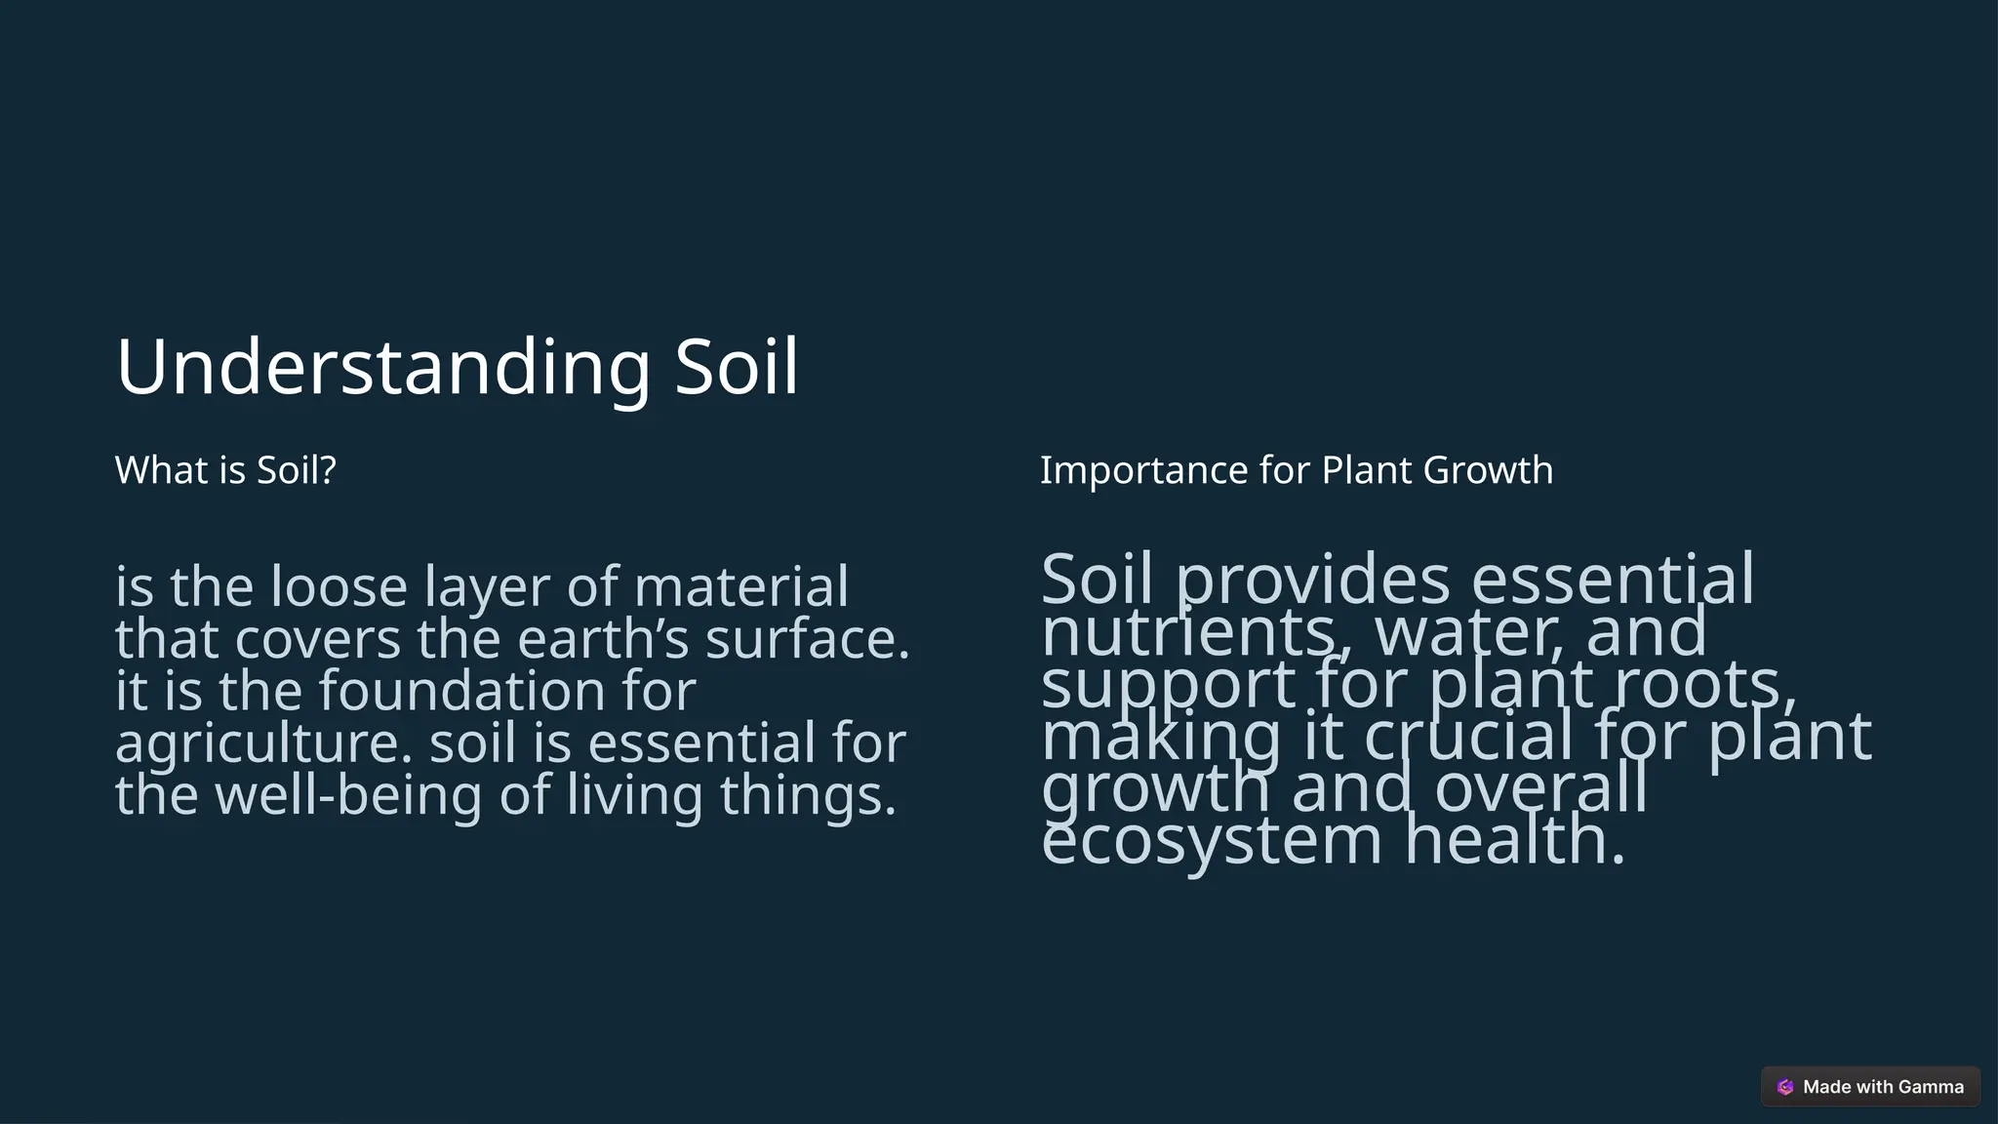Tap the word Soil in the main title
(737, 367)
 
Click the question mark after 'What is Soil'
(328, 470)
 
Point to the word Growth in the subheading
(1488, 470)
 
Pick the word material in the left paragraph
(741, 586)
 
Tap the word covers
(318, 639)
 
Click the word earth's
(602, 639)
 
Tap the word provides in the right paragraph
(1312, 580)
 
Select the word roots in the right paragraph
(1704, 684)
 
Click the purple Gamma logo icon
(1785, 1087)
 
